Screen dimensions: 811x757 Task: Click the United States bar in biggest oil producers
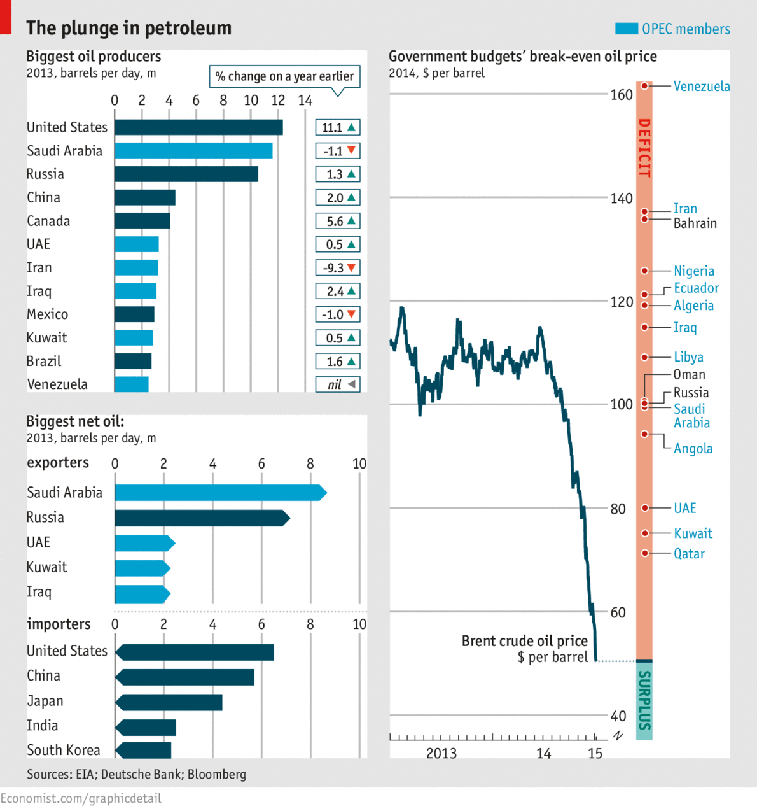pyautogui.click(x=198, y=127)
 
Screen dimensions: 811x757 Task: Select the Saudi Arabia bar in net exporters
pyautogui.click(x=220, y=493)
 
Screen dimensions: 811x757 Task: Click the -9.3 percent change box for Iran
pyautogui.click(x=338, y=268)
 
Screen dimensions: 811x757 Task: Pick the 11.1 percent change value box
pyautogui.click(x=338, y=128)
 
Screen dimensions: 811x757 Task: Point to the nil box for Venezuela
pyautogui.click(x=338, y=384)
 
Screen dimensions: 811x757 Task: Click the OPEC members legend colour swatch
pyautogui.click(x=626, y=29)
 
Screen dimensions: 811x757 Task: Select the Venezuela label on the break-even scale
pyautogui.click(x=702, y=87)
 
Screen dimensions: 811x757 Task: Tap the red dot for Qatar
pyautogui.click(x=645, y=553)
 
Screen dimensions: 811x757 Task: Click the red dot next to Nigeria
pyautogui.click(x=645, y=271)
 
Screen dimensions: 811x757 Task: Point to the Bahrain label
pyautogui.click(x=695, y=223)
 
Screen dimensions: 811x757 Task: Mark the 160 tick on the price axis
pyautogui.click(x=622, y=95)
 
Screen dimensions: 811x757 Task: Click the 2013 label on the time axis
pyautogui.click(x=441, y=753)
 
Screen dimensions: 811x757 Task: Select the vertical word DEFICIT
pyautogui.click(x=644, y=148)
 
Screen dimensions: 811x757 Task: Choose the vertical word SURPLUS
pyautogui.click(x=644, y=700)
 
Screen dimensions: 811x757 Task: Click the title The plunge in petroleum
pyautogui.click(x=128, y=28)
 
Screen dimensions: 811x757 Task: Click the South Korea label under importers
pyautogui.click(x=64, y=750)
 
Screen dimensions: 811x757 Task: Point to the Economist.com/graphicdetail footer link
pyautogui.click(x=81, y=798)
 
